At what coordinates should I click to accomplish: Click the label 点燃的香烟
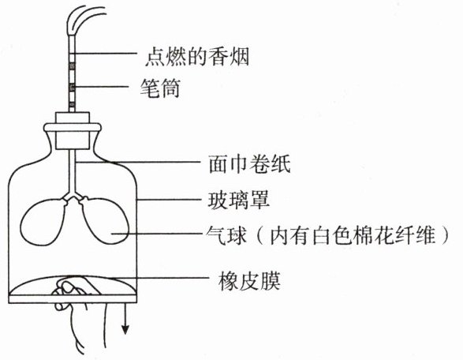[197, 57]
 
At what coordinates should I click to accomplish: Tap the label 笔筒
[160, 88]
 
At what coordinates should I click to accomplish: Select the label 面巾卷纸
[249, 163]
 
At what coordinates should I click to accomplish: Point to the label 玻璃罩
[239, 200]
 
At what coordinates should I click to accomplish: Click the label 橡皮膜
[249, 281]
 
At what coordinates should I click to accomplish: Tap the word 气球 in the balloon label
[226, 235]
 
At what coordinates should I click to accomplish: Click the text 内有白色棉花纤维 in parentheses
[353, 235]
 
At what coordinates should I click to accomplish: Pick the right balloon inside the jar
[105, 221]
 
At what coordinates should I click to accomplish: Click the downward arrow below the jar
[125, 318]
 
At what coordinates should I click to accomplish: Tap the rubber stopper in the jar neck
[73, 130]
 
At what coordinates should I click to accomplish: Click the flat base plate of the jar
[73, 299]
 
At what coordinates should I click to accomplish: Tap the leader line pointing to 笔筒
[102, 87]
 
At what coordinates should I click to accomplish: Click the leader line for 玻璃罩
[171, 200]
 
